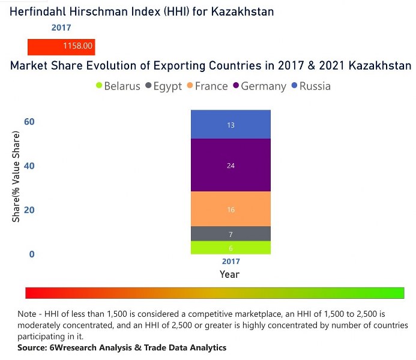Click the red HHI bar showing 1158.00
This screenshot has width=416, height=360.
tap(61, 46)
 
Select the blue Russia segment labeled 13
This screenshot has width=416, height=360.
tap(231, 125)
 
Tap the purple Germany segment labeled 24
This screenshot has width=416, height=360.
tap(231, 165)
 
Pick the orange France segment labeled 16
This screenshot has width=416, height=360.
tap(231, 209)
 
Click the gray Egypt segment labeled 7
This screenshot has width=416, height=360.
tap(231, 234)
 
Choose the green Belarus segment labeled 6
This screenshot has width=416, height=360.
tap(231, 248)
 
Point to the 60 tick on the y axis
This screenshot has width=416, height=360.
tap(29, 122)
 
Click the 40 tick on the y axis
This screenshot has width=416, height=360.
tap(29, 166)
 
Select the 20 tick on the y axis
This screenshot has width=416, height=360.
tap(29, 210)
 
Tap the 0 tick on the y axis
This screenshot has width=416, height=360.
tap(32, 254)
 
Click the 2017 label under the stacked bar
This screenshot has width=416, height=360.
tap(231, 262)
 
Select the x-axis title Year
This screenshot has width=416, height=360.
tap(229, 274)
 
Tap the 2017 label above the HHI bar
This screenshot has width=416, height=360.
tap(61, 28)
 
